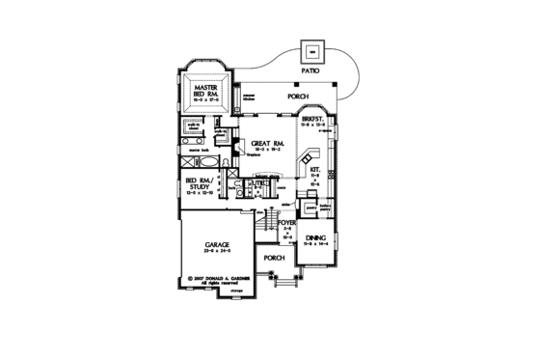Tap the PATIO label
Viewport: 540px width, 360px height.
(x=310, y=71)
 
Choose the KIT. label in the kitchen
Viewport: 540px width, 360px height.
(x=316, y=167)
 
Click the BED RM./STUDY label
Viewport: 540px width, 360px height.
(x=202, y=182)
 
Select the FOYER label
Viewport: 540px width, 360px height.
(x=285, y=222)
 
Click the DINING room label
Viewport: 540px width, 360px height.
(x=315, y=236)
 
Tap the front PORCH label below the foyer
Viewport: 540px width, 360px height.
(x=274, y=259)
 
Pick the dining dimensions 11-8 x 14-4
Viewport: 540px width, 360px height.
(x=315, y=244)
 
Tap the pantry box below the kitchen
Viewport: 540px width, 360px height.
(x=311, y=206)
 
